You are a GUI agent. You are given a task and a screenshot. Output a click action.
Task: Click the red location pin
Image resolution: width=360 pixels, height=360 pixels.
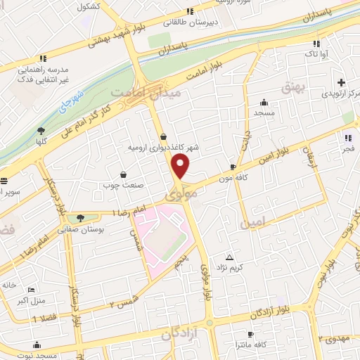click(181, 167)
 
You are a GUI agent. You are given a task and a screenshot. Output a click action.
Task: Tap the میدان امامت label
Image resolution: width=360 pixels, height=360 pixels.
click(157, 92)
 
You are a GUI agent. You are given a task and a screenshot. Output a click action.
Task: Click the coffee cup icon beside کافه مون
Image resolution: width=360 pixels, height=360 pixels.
click(233, 167)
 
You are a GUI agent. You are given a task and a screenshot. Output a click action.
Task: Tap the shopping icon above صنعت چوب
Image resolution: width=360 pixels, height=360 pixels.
click(124, 174)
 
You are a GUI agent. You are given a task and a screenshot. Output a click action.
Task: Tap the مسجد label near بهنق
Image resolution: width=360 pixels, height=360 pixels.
click(264, 113)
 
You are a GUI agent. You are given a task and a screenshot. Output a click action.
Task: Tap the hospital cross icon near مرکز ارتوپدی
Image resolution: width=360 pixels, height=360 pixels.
click(342, 82)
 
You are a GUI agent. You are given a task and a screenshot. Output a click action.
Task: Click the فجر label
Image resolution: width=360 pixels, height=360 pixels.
click(349, 149)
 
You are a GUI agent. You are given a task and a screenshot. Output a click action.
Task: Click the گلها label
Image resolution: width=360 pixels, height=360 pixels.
click(41, 142)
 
